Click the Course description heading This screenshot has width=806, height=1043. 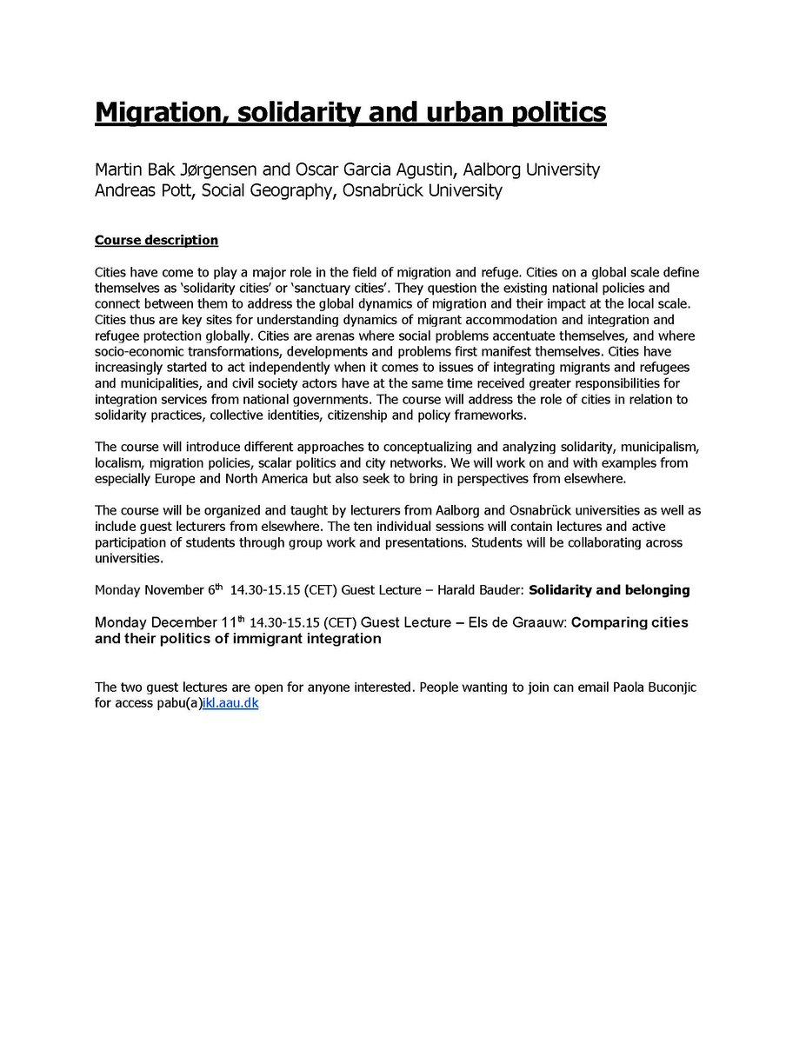click(x=157, y=240)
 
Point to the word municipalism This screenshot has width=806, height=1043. click(x=651, y=447)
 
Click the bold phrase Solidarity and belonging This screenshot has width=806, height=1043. click(x=609, y=590)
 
